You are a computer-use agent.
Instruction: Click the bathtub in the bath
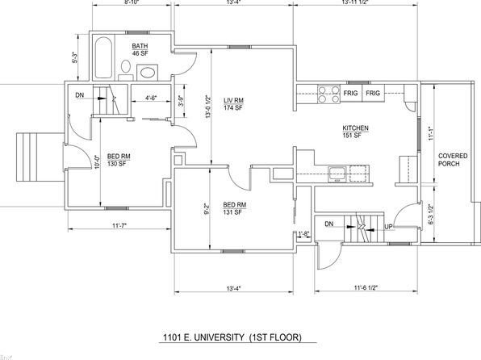[103, 57]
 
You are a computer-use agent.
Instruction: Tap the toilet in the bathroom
[125, 70]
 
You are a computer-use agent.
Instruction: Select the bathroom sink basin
[148, 73]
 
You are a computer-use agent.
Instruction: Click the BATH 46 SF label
[140, 49]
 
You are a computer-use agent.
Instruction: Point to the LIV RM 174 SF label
[233, 104]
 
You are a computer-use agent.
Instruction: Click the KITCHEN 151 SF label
[355, 132]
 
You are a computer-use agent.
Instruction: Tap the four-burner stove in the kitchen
[328, 94]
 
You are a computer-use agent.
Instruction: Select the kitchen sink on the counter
[337, 174]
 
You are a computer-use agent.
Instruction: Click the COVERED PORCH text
[453, 160]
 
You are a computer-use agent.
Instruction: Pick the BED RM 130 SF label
[119, 160]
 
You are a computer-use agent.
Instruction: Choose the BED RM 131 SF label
[234, 208]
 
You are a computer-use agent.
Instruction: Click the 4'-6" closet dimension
[151, 98]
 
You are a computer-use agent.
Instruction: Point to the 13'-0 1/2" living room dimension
[208, 107]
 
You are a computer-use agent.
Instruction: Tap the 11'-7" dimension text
[119, 226]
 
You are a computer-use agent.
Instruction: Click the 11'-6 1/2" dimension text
[366, 287]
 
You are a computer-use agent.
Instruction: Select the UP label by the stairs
[388, 227]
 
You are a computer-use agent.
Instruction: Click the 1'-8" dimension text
[303, 234]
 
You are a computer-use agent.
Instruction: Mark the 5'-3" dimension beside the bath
[74, 57]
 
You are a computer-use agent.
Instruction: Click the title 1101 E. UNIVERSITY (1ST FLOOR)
[232, 337]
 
